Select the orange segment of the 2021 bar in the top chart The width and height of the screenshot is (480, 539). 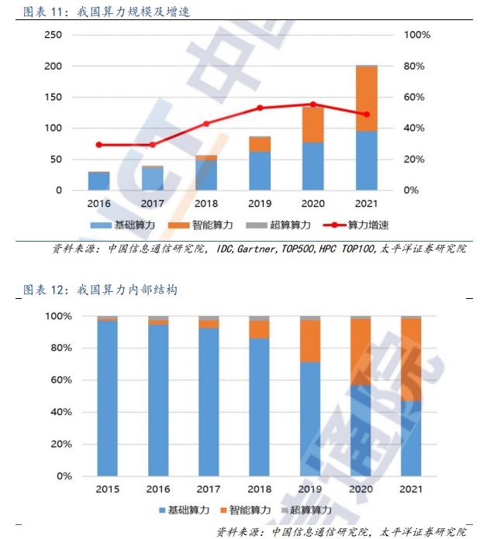(x=366, y=98)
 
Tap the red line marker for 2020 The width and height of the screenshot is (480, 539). (x=313, y=104)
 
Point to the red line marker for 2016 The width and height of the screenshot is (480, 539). (x=98, y=145)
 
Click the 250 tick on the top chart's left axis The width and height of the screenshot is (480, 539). (x=53, y=36)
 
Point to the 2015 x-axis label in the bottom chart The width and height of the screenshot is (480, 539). (x=108, y=489)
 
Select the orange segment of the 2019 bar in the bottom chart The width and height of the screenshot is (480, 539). (x=311, y=342)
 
